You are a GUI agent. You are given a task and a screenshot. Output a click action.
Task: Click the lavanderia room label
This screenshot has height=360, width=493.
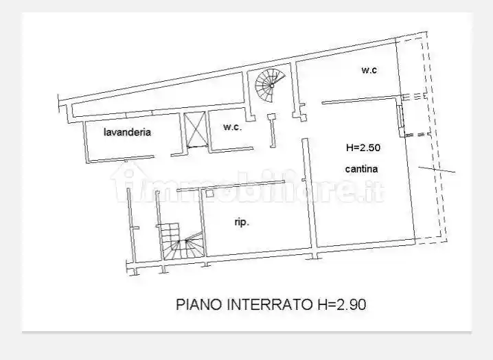(x=127, y=132)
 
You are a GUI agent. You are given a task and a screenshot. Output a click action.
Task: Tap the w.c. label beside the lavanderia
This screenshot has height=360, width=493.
(x=232, y=127)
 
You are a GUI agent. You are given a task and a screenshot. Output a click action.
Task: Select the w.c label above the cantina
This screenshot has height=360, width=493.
(x=369, y=70)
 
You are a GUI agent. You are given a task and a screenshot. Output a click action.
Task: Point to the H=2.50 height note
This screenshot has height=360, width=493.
(x=363, y=147)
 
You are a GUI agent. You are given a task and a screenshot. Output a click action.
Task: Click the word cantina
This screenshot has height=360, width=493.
(x=362, y=168)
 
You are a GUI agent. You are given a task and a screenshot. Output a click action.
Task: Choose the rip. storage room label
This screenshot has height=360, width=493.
(x=242, y=222)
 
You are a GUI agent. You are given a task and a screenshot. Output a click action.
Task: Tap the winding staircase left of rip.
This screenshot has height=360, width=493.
(x=181, y=242)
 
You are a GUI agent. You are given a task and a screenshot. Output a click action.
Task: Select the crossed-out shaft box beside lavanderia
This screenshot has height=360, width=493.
(x=196, y=129)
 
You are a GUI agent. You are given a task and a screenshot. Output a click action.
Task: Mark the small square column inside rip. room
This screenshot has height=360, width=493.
(x=210, y=194)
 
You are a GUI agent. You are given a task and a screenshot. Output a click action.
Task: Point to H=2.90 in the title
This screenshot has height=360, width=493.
(x=337, y=304)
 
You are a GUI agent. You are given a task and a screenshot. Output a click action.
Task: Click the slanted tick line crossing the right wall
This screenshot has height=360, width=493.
(x=437, y=168)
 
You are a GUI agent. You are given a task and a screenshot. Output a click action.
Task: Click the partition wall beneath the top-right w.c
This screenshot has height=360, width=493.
(x=360, y=101)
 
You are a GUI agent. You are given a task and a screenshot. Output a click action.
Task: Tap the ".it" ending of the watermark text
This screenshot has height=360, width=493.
(x=376, y=189)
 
